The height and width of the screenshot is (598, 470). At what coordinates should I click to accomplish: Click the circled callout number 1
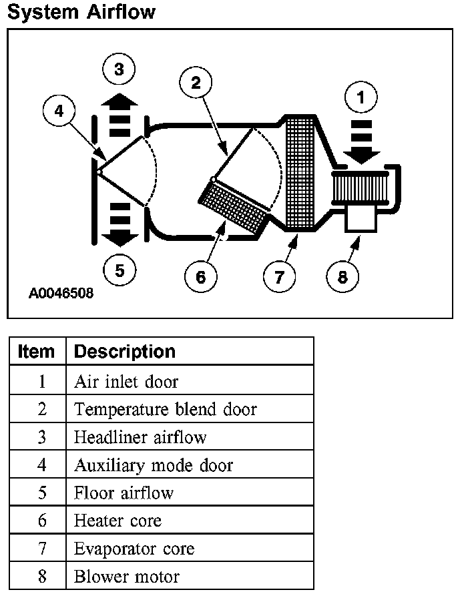pos(361,97)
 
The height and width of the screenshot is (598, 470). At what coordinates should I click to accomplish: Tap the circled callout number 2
pos(196,82)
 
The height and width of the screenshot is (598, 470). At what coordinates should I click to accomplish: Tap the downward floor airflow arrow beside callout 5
pos(120,224)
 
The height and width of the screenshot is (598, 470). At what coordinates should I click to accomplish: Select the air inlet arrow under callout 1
pos(361,141)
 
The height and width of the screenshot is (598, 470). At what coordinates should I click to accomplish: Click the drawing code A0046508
pos(61,292)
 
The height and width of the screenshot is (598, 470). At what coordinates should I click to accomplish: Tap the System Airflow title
pos(81,11)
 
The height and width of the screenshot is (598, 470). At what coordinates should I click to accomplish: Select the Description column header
pos(124,351)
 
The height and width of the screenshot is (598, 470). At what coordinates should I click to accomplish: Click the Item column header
pos(37,351)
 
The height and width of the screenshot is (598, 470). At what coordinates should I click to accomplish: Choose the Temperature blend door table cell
pos(166,408)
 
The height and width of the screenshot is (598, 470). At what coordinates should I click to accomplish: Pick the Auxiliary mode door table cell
pos(154,465)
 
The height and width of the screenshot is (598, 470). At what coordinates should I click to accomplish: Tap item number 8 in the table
pos(41,577)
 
